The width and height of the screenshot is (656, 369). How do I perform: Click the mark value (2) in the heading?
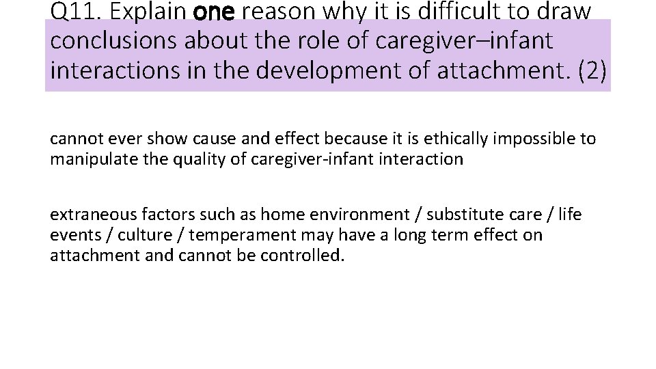592,71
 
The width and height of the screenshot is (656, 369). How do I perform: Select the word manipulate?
83,159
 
